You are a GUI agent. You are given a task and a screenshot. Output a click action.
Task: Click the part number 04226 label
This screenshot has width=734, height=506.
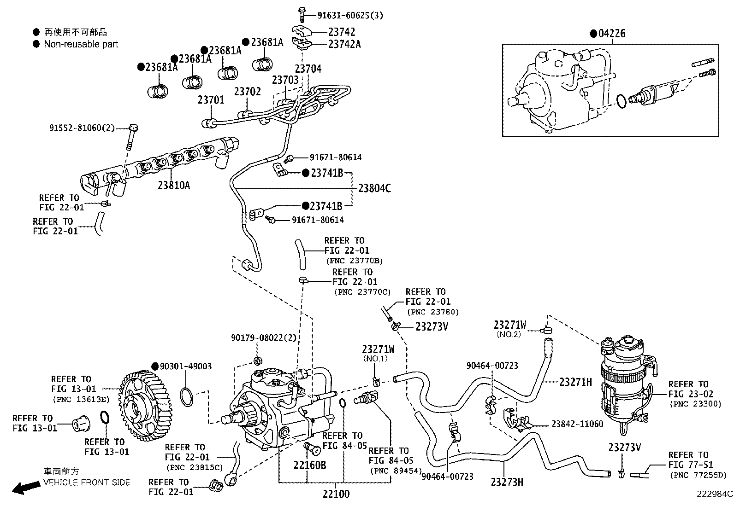tap(611, 34)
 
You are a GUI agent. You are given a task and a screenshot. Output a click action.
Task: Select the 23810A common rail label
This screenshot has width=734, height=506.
tap(174, 185)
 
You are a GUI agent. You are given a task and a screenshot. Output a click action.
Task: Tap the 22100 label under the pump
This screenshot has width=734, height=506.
tap(336, 494)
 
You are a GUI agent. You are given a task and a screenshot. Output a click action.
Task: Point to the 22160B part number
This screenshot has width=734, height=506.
tap(310, 465)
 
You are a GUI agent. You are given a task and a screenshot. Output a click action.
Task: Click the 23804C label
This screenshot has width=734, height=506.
tap(374, 188)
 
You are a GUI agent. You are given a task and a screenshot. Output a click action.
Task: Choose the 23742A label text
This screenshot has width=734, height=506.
tap(344, 44)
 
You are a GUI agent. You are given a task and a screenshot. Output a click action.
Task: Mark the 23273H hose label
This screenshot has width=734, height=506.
tap(507, 482)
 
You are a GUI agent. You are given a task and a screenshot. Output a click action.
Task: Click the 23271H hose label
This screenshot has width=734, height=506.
tap(575, 382)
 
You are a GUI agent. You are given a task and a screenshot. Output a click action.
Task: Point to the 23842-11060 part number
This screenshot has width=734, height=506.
tap(577, 424)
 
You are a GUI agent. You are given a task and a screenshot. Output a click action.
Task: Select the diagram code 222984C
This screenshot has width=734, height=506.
tap(714, 494)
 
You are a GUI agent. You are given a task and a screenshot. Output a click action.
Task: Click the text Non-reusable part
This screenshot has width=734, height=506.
tap(81, 44)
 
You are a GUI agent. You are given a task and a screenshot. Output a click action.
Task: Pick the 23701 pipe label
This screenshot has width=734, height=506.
tap(211, 100)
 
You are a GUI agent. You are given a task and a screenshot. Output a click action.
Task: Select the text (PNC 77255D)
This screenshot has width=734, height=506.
tap(697, 475)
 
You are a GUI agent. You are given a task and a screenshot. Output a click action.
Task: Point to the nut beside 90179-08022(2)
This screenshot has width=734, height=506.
tap(258, 360)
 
